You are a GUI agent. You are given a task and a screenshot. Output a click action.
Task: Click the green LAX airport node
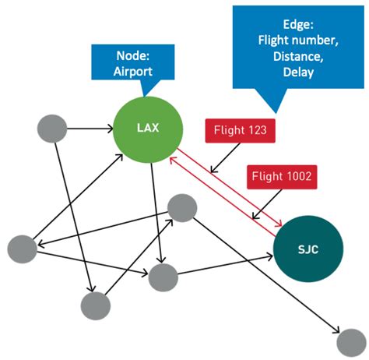click(148, 128)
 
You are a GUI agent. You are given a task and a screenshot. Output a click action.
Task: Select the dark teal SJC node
click(307, 249)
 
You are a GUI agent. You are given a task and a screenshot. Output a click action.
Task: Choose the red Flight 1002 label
click(282, 177)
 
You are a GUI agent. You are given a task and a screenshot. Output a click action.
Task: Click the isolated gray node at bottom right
click(350, 341)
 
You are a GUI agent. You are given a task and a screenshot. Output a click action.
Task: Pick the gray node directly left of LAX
click(52, 126)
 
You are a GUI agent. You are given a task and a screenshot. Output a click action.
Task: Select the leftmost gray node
click(22, 249)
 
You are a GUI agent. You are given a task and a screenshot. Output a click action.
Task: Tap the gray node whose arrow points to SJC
click(163, 277)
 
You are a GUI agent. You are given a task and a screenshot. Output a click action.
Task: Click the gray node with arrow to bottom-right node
click(181, 208)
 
